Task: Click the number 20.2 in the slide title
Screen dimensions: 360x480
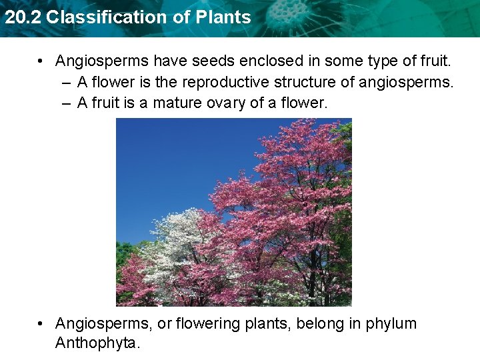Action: point(22,17)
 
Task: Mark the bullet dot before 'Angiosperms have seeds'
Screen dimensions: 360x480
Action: point(42,62)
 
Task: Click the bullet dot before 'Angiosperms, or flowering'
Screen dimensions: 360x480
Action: point(42,325)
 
